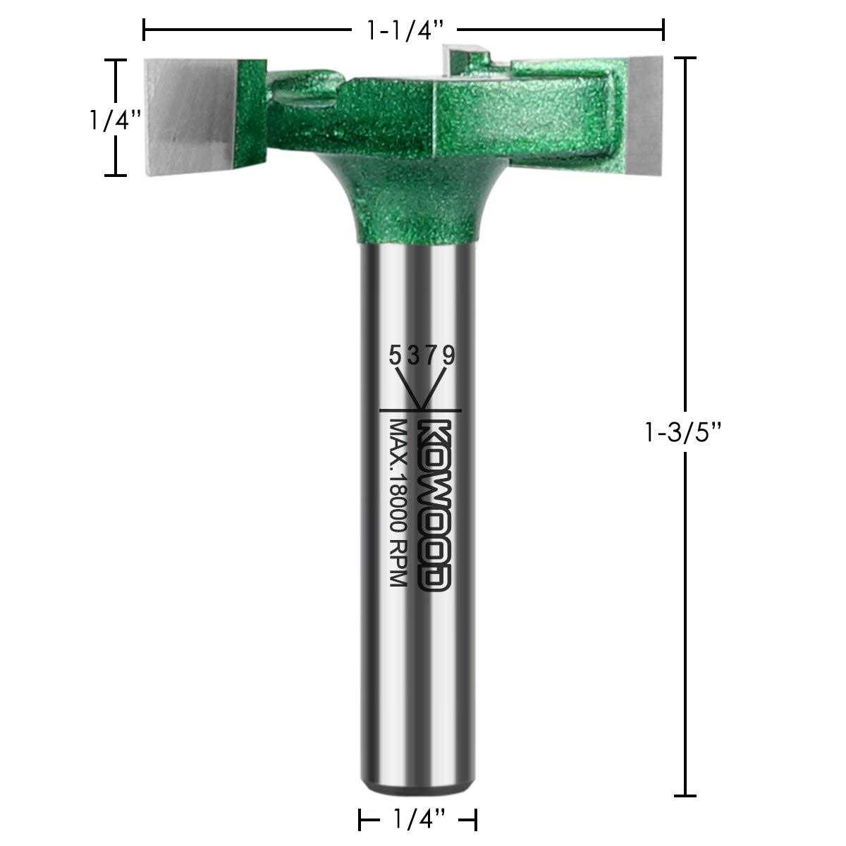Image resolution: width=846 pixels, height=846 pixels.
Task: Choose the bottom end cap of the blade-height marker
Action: [x=116, y=175]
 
